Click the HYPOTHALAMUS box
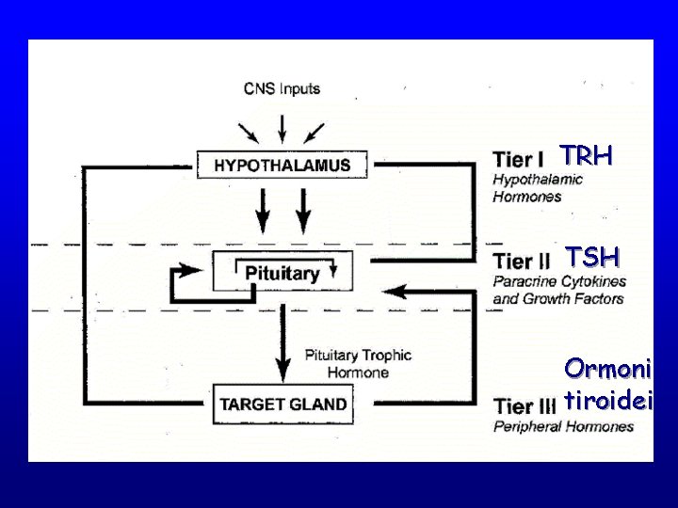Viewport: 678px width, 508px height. point(282,165)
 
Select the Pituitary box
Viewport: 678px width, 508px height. point(282,273)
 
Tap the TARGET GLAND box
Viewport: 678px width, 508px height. point(282,405)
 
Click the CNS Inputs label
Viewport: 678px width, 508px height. point(282,89)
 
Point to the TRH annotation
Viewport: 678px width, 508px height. point(587,155)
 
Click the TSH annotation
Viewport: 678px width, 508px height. point(591,257)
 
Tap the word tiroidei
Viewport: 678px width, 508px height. point(607,402)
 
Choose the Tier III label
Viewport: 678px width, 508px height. point(525,405)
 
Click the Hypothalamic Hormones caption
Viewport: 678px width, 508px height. point(538,188)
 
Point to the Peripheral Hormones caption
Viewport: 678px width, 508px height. point(563,426)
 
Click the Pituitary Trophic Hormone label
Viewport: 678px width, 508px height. point(358,363)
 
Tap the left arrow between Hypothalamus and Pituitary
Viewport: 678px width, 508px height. point(263,209)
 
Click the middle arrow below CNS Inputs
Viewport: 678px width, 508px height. point(282,126)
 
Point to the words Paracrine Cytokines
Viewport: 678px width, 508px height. point(559,281)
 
